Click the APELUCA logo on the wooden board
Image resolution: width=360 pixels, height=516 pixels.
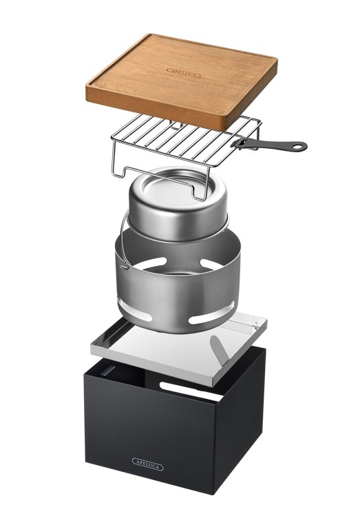tap(184, 73)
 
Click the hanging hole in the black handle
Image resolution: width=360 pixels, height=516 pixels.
tap(299, 146)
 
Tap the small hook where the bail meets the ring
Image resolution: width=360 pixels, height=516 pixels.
tap(124, 265)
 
